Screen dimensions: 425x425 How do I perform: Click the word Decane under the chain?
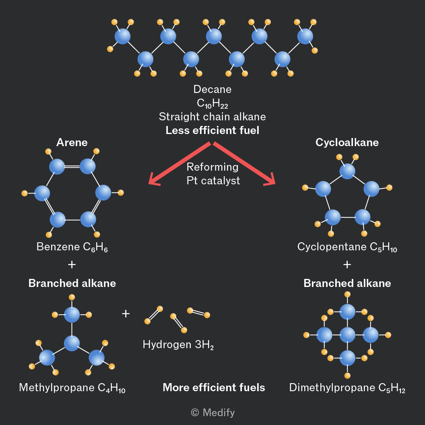pyautogui.click(x=212, y=89)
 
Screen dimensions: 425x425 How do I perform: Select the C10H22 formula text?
pyautogui.click(x=212, y=103)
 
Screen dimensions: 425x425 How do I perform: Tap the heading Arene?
pyautogui.click(x=72, y=142)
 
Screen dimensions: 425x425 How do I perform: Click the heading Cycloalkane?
pyautogui.click(x=347, y=142)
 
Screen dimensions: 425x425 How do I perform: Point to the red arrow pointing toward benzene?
pyautogui.click(x=179, y=163)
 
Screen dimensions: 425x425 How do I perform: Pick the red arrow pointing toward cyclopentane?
pyautogui.click(x=244, y=163)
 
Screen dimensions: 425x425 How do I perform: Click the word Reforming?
pyautogui.click(x=212, y=167)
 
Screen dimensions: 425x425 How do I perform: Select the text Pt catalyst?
pyautogui.click(x=213, y=181)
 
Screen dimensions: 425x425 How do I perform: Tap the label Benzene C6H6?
pyautogui.click(x=72, y=247)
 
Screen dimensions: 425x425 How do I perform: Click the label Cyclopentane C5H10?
pyautogui.click(x=347, y=247)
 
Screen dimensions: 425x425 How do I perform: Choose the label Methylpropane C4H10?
pyautogui.click(x=72, y=388)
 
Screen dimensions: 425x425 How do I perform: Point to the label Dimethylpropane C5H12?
pyautogui.click(x=347, y=388)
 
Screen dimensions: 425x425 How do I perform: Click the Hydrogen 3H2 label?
pyautogui.click(x=178, y=345)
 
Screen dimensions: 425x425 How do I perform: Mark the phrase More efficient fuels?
pyautogui.click(x=214, y=387)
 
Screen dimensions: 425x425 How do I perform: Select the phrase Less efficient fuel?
pyautogui.click(x=212, y=130)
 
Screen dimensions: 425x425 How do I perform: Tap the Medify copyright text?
pyautogui.click(x=213, y=413)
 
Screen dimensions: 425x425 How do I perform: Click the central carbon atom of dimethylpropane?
pyautogui.click(x=347, y=335)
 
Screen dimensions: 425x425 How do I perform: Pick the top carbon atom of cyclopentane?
pyautogui.click(x=347, y=171)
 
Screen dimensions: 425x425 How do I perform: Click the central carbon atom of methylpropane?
pyautogui.click(x=72, y=343)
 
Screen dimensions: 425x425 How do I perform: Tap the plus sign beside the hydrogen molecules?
pyautogui.click(x=126, y=314)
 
